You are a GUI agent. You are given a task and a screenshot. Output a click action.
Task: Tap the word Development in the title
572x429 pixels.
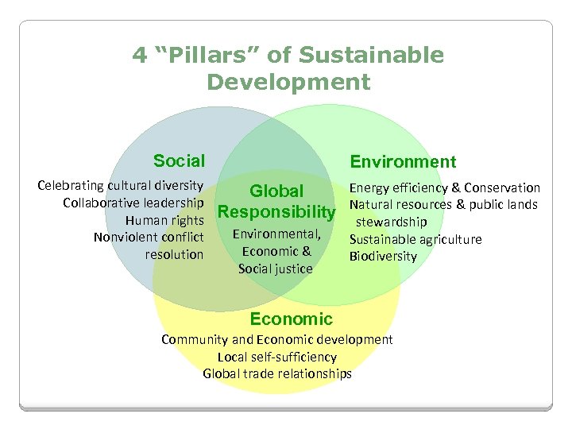pos(288,82)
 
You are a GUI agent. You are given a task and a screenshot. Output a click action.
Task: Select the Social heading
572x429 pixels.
pos(179,161)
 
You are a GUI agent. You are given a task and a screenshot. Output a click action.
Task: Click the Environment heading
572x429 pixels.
pos(403,162)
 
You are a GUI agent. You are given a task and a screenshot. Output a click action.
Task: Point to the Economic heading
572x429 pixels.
pos(291,319)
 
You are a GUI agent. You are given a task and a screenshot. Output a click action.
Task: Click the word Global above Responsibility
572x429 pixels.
pos(276,191)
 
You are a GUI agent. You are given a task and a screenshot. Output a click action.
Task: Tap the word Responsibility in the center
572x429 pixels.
pos(276,212)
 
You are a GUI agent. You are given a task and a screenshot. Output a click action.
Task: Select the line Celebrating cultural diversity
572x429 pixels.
pos(121,186)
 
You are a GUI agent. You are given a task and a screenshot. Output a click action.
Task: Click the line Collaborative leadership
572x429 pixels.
pos(133,203)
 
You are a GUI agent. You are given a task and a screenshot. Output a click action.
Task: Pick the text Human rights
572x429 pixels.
pos(165,220)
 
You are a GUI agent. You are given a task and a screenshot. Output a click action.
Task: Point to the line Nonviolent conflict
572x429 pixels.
pos(149,238)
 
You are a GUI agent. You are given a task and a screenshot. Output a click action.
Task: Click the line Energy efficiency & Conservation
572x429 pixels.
pos(445,188)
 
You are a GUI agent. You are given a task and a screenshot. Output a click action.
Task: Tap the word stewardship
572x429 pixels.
pos(391,222)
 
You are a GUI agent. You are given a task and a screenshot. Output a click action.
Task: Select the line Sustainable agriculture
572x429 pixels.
pos(415,239)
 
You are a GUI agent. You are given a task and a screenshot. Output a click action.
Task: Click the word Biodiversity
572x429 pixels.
pos(383,256)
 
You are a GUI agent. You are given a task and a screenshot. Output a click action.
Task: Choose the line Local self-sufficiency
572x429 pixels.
pos(276,357)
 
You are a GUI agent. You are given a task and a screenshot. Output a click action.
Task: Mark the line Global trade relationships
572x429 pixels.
pos(276,373)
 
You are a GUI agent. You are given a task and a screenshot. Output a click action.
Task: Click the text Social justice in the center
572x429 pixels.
pos(276,269)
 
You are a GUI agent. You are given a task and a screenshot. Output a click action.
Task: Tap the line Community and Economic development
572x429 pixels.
pos(276,339)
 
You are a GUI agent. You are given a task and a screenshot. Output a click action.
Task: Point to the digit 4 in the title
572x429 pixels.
pos(140,56)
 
